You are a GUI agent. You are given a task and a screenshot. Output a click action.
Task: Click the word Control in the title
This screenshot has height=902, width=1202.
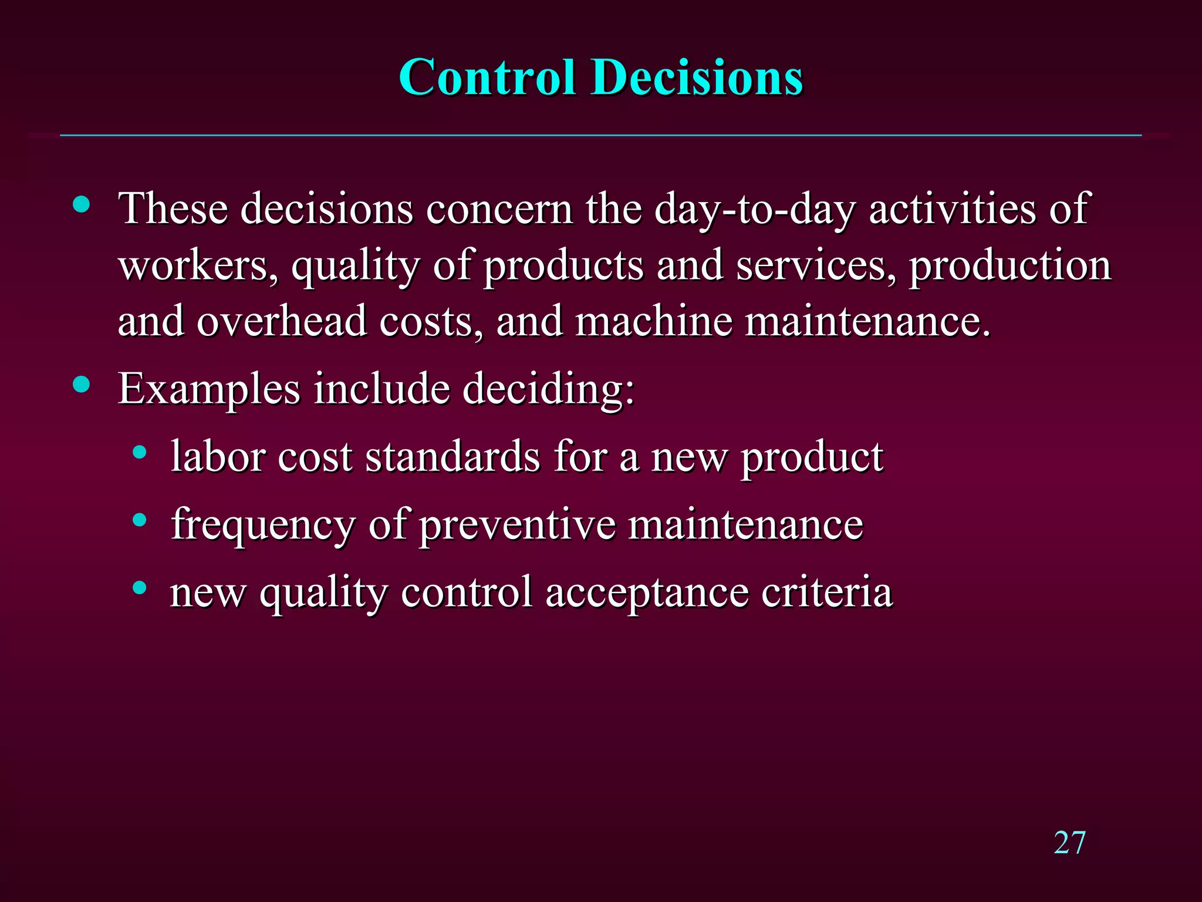coord(487,78)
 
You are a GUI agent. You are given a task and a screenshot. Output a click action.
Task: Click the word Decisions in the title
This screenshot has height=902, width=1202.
coord(697,78)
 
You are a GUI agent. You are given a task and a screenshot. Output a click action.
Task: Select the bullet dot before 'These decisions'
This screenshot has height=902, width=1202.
coord(82,205)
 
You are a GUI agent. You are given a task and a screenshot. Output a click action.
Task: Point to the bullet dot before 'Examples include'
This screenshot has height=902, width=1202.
coord(82,385)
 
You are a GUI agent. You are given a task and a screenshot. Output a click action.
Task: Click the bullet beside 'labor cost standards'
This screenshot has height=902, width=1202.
coord(139,452)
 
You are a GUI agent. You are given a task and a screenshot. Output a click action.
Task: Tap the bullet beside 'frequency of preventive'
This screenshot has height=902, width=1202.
coord(139,520)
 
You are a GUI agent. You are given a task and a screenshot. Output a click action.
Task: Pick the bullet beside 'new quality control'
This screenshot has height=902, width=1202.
coord(139,587)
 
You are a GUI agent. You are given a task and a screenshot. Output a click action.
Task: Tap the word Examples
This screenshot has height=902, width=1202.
coord(209,389)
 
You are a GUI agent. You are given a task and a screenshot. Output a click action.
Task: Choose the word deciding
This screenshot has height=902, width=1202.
coord(548,389)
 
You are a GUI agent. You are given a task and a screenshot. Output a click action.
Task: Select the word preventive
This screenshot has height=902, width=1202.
coord(517,524)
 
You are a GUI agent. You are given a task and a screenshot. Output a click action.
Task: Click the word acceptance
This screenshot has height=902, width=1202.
coord(647,592)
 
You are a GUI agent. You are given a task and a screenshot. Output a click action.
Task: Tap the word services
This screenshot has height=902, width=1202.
coord(816,265)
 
